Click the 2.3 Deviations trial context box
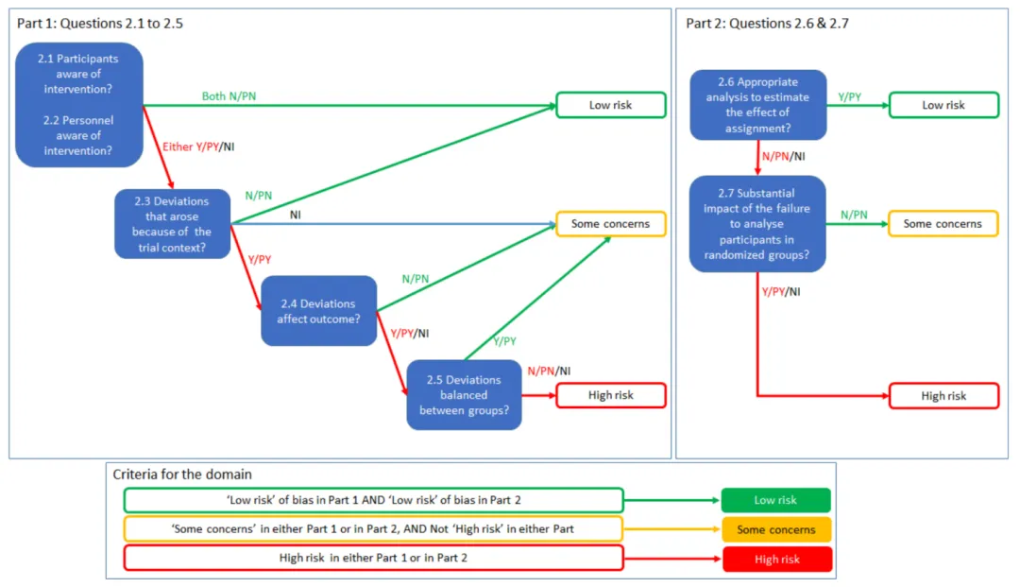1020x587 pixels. [x=173, y=224]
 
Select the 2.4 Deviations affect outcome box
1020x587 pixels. [x=319, y=310]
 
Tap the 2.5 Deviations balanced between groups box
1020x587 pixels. [x=464, y=395]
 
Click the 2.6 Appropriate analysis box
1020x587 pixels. [x=757, y=105]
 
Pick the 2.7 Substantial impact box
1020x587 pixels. [x=757, y=224]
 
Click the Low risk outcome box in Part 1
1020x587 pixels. [x=611, y=105]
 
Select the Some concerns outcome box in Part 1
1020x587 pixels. [x=611, y=224]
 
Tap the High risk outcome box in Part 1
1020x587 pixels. [x=611, y=395]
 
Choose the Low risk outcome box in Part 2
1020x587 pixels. [x=943, y=105]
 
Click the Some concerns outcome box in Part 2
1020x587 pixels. [x=943, y=224]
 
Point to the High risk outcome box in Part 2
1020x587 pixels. [x=943, y=396]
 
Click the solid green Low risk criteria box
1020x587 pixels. [x=776, y=500]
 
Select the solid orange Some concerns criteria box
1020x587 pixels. [x=776, y=529]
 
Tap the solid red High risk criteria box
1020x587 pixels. [x=776, y=559]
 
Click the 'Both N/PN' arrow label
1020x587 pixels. [x=229, y=96]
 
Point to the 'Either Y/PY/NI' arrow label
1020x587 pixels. [x=198, y=147]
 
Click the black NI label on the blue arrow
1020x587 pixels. [x=296, y=215]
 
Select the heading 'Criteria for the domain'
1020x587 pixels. [x=182, y=475]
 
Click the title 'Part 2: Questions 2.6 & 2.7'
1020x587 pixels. [x=768, y=24]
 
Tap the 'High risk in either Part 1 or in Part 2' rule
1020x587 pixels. [x=373, y=558]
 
